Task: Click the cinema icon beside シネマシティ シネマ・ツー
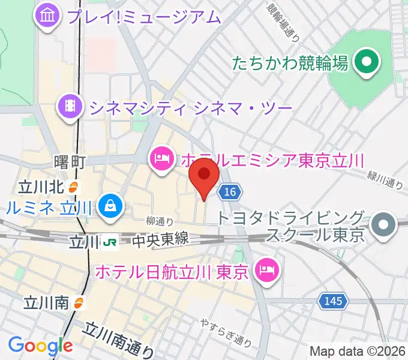tap(70, 107)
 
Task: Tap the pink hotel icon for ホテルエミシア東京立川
tap(161, 159)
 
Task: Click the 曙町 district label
tap(70, 162)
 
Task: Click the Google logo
tap(40, 345)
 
